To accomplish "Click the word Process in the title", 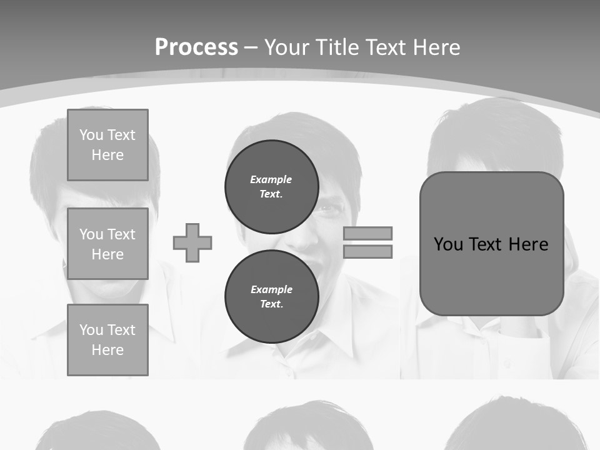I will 196,47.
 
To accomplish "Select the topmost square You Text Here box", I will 107,145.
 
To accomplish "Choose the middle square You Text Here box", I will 107,244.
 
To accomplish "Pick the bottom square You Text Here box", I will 107,339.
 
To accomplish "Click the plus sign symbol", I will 192,242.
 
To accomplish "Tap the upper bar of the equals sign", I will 367,233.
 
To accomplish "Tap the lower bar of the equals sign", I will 367,252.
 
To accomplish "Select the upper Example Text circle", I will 271,186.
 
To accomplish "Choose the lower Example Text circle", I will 271,296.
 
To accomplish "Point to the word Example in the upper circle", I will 271,179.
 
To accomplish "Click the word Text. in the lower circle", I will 271,304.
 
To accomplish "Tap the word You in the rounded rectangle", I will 447,244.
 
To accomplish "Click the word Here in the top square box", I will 107,155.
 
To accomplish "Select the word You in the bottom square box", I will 91,330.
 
